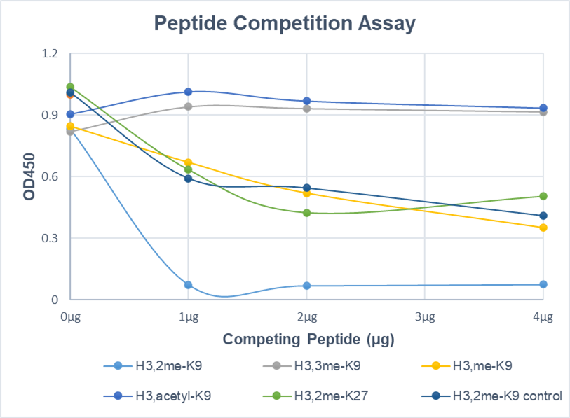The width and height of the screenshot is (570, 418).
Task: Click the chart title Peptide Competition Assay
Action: pyautogui.click(x=285, y=23)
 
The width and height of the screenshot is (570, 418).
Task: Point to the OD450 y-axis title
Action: pyautogui.click(x=29, y=176)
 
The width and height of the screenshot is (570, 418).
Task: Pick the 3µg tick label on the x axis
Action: pyautogui.click(x=425, y=316)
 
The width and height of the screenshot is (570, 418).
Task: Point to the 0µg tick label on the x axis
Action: pyautogui.click(x=69, y=316)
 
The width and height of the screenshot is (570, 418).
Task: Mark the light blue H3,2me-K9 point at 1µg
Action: pyautogui.click(x=188, y=285)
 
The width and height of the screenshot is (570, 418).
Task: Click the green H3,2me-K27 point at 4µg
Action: pyautogui.click(x=543, y=196)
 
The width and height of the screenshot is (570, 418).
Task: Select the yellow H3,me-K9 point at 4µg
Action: pyautogui.click(x=543, y=228)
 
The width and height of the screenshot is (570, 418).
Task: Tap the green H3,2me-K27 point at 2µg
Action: pyautogui.click(x=306, y=213)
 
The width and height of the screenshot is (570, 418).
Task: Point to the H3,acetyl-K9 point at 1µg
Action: pyautogui.click(x=188, y=92)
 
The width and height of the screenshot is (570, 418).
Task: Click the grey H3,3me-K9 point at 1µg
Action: pyautogui.click(x=188, y=106)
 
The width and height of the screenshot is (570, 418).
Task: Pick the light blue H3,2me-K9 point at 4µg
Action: pyautogui.click(x=543, y=284)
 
